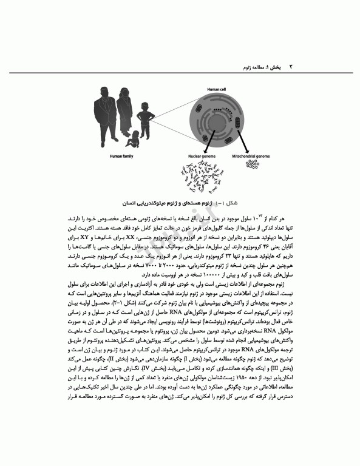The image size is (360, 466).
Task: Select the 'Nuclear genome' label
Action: (x=199, y=157)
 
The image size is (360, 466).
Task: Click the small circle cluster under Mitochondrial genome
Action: (x=251, y=164)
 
